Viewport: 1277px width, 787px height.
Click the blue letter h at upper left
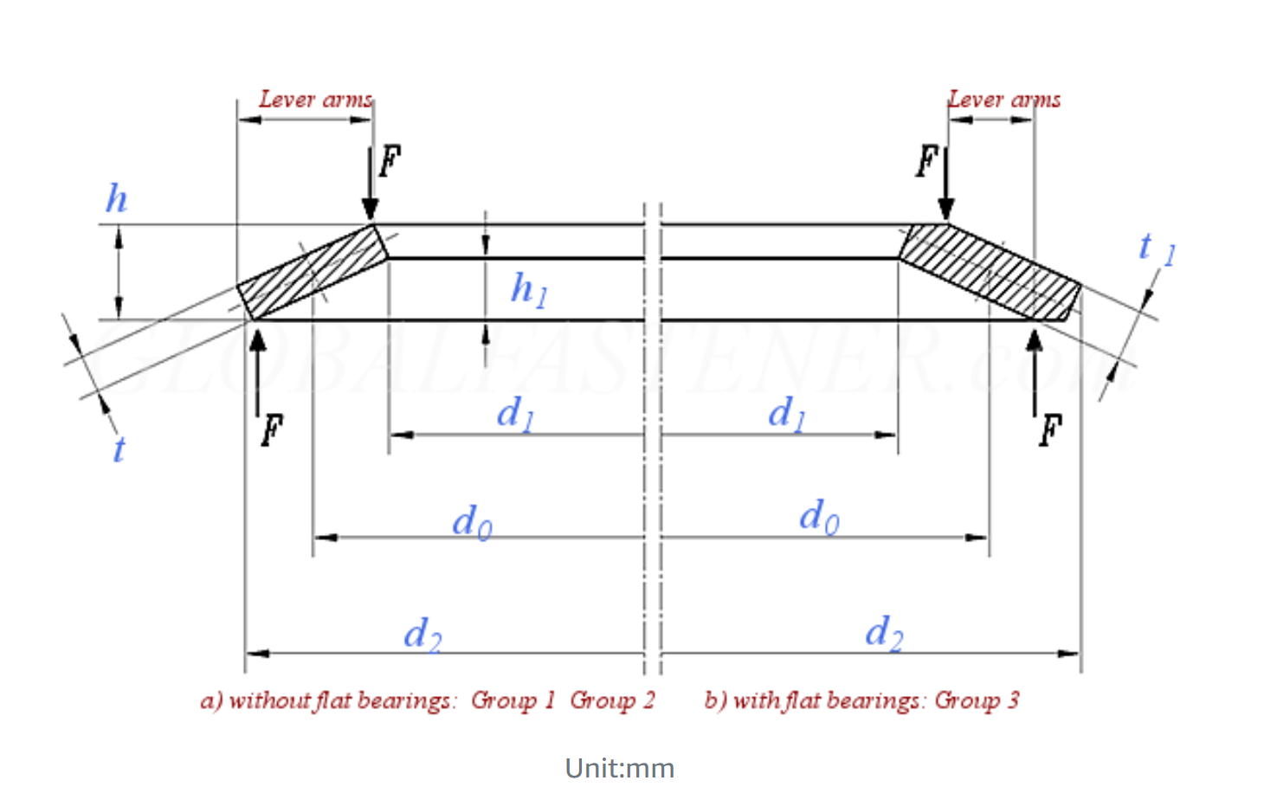[116, 198]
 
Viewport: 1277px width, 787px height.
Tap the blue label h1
[528, 289]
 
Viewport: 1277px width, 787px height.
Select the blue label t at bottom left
[119, 449]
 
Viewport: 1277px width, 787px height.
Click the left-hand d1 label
[515, 413]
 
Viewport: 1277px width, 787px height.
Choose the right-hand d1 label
[787, 413]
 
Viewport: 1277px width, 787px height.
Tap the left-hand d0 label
[472, 522]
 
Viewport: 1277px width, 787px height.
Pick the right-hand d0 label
[818, 517]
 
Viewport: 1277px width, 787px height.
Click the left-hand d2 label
[422, 635]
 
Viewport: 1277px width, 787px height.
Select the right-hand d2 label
[884, 633]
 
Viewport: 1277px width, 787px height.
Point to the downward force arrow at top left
[371, 184]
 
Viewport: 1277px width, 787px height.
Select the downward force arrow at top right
[946, 184]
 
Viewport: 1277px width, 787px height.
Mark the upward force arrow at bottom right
[1035, 372]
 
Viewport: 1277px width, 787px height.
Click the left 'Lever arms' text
[315, 100]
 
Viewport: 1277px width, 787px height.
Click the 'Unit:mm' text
[619, 768]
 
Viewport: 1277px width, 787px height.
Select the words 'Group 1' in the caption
[513, 700]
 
